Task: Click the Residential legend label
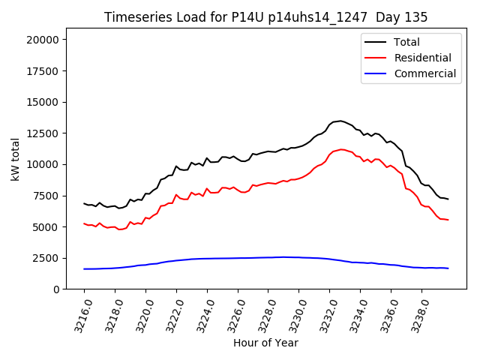(422, 58)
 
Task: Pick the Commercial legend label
(424, 73)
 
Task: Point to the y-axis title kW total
(16, 159)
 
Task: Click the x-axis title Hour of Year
(265, 343)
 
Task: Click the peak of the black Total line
(340, 121)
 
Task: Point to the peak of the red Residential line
(342, 149)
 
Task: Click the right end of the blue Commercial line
(448, 268)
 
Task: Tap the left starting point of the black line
(84, 203)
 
